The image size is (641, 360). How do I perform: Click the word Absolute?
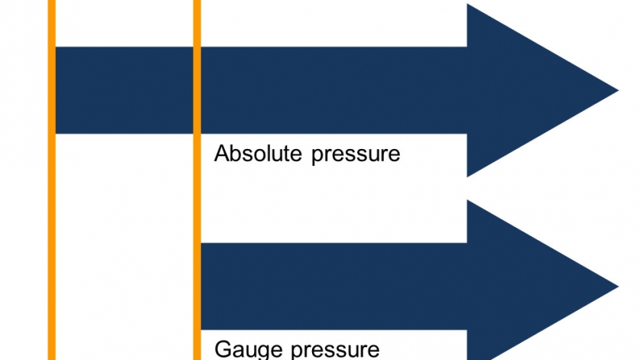click(259, 154)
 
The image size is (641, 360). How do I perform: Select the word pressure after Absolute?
click(356, 154)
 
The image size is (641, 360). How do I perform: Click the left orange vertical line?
click(51, 229)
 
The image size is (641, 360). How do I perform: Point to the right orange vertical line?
click(197, 191)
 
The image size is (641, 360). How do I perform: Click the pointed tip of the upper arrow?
click(617, 91)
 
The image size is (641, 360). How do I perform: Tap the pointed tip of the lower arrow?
click(617, 287)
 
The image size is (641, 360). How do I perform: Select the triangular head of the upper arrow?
click(528, 91)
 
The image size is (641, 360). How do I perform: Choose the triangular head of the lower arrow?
click(528, 287)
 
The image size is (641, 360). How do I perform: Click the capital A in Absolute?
click(222, 154)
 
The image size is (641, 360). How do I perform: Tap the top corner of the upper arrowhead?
click(468, 5)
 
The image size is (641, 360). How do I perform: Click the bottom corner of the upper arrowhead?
click(468, 176)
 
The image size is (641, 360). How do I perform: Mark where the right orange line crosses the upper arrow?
click(197, 90)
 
